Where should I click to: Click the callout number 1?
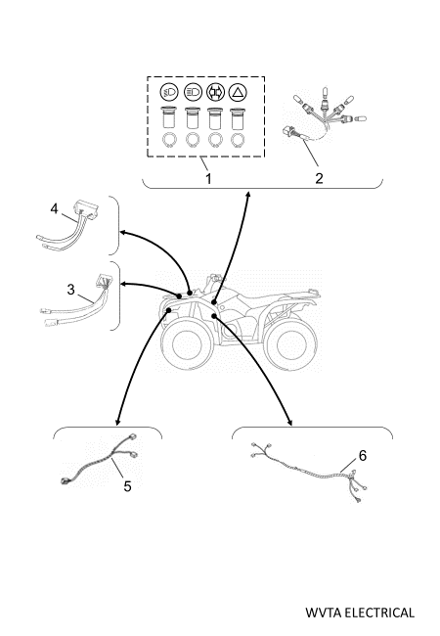pyautogui.click(x=208, y=178)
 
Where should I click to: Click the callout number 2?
pyautogui.click(x=319, y=178)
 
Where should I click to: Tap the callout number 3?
pyautogui.click(x=71, y=290)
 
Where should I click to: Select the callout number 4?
pyautogui.click(x=55, y=208)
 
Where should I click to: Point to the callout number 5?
pyautogui.click(x=128, y=486)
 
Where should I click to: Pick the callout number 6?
pyautogui.click(x=363, y=456)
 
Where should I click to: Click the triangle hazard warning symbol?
pyautogui.click(x=238, y=93)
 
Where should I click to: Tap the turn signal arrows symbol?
pyautogui.click(x=215, y=93)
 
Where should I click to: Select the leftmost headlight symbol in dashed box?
pyautogui.click(x=169, y=93)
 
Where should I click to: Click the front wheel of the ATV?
pyautogui.click(x=187, y=343)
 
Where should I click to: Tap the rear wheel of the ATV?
pyautogui.click(x=291, y=343)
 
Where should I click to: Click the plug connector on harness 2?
pyautogui.click(x=288, y=132)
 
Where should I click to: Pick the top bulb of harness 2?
pyautogui.click(x=324, y=93)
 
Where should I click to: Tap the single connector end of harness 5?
pyautogui.click(x=65, y=481)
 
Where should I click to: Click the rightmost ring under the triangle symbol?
pyautogui.click(x=238, y=140)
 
